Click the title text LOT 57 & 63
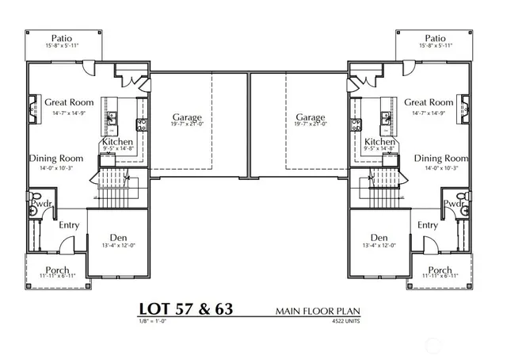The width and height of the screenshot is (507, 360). pos(186,308)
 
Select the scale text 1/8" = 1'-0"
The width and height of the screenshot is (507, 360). pos(152,322)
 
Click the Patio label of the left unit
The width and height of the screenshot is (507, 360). pos(63,38)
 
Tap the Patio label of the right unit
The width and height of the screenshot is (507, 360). pos(435,38)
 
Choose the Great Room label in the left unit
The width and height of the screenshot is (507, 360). pos(69,102)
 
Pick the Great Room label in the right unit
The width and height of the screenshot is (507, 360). pos(429,102)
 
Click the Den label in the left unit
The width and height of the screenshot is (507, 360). pos(119,237)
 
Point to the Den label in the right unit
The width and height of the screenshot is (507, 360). pos(379,237)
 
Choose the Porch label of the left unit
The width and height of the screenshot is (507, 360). pos(57,270)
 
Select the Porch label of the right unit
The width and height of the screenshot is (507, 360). pos(440,270)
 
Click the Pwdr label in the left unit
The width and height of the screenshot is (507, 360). pos(41,204)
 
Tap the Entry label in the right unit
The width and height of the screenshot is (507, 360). pos(428,225)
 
